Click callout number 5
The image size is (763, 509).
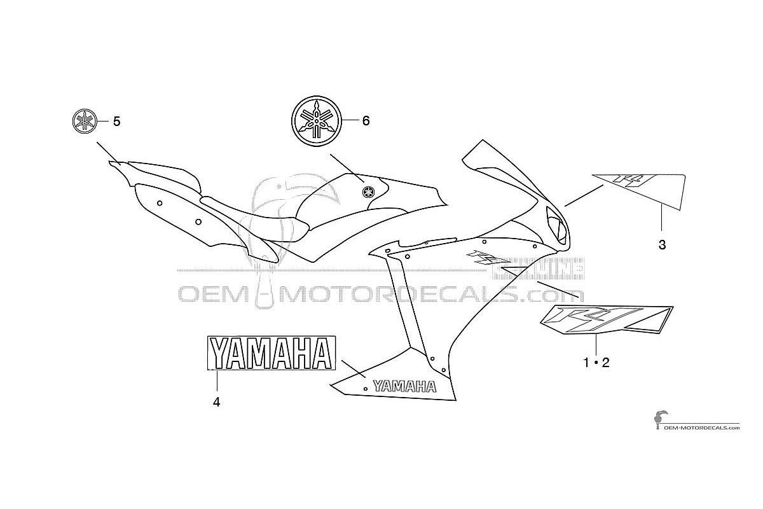(x=116, y=122)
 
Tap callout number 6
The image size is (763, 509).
(x=366, y=121)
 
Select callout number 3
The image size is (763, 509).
(x=662, y=245)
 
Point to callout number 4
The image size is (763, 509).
(x=216, y=403)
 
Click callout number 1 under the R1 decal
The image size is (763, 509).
(x=586, y=363)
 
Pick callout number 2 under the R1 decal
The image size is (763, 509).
(x=605, y=363)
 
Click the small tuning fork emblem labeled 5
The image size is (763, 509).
(x=85, y=122)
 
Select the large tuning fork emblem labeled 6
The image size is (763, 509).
(x=317, y=121)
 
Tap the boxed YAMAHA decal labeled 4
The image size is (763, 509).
(x=272, y=353)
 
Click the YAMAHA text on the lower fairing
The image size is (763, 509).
(x=404, y=386)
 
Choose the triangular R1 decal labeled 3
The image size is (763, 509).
(x=640, y=192)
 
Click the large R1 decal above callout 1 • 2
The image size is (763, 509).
(x=607, y=320)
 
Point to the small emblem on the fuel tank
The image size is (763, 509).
(x=368, y=192)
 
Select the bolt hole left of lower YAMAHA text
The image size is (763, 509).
(x=366, y=389)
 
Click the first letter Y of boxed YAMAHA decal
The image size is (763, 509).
(x=221, y=353)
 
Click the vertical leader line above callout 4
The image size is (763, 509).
(x=217, y=380)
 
